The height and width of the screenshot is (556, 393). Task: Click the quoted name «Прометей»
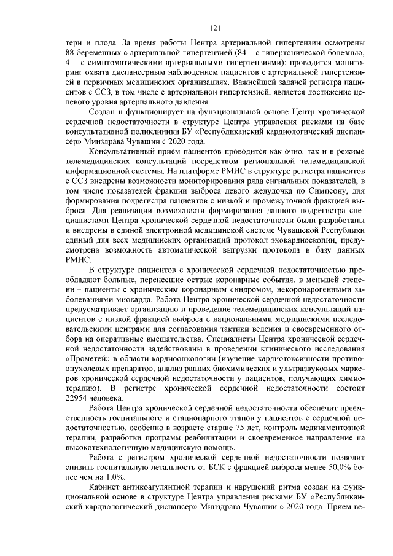tap(88, 358)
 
